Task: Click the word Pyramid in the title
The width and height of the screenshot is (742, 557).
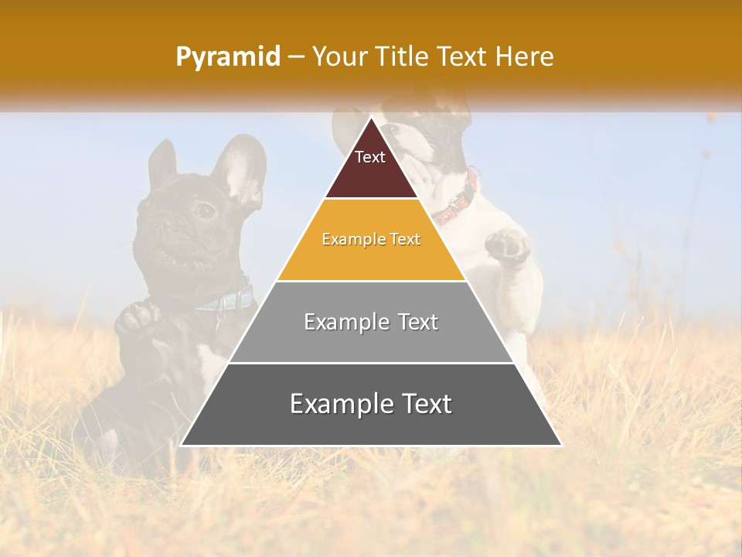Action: (x=227, y=57)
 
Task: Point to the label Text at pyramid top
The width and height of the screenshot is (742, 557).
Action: (x=370, y=157)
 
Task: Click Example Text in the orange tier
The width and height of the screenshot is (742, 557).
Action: (x=371, y=239)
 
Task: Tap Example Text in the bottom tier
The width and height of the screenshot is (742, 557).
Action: (x=371, y=404)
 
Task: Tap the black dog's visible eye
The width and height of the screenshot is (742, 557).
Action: (x=204, y=210)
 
